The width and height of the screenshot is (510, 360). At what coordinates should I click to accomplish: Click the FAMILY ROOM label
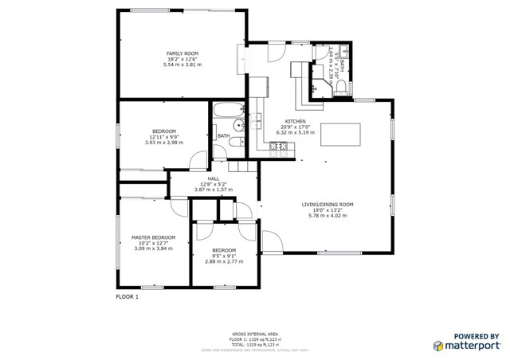point(182,53)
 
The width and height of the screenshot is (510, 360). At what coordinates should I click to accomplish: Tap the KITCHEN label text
point(285,120)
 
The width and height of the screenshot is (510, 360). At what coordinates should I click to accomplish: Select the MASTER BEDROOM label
point(153,237)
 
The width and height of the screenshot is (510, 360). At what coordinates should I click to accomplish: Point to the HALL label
point(214,179)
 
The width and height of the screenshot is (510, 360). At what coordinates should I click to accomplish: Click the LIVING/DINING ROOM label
point(328,205)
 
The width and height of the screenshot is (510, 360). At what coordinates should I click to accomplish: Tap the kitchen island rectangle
point(341,135)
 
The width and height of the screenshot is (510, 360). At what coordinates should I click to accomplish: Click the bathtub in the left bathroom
point(228,112)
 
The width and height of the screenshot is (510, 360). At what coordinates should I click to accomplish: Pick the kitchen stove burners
point(278,145)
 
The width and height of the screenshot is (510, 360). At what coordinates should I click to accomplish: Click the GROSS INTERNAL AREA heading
point(254,334)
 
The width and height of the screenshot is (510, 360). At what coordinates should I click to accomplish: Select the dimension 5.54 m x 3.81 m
point(182,65)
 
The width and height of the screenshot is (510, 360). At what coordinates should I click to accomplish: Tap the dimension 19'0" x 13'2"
point(328,210)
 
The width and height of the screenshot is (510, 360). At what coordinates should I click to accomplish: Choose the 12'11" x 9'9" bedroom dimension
point(164,137)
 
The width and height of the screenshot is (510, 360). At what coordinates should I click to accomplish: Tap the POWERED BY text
point(477,336)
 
